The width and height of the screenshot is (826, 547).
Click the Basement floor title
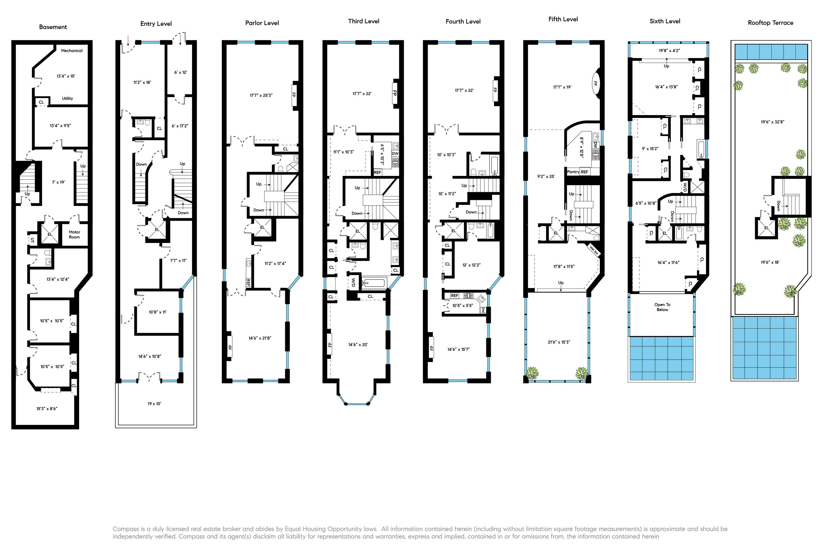[x=53, y=27]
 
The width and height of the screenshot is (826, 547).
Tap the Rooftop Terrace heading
[x=770, y=23]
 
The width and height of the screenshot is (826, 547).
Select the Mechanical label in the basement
[x=72, y=51]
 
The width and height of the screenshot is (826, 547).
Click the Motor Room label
[x=74, y=234]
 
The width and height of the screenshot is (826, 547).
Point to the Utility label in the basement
[x=68, y=98]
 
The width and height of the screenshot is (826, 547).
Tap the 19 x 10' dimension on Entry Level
[x=154, y=404]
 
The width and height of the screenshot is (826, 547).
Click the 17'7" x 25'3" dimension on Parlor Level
[x=261, y=95]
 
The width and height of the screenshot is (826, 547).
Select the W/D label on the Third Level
[x=353, y=282]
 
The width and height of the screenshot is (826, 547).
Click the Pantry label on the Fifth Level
[x=573, y=172]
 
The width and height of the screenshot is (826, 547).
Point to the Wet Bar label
[x=594, y=249]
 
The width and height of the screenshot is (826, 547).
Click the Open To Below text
[x=662, y=307]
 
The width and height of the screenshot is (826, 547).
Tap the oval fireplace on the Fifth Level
[x=595, y=84]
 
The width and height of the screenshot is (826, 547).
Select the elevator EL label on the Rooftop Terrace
[x=766, y=228]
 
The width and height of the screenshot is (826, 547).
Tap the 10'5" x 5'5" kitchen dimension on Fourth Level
[x=463, y=306]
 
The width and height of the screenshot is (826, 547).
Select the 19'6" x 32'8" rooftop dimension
[x=773, y=122]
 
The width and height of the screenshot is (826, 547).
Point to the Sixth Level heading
[x=665, y=21]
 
